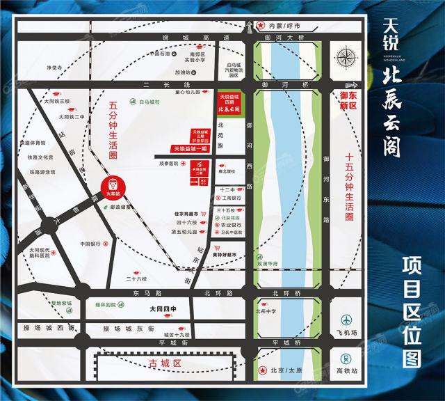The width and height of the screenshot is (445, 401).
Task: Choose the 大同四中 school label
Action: pyautogui.click(x=163, y=309)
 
